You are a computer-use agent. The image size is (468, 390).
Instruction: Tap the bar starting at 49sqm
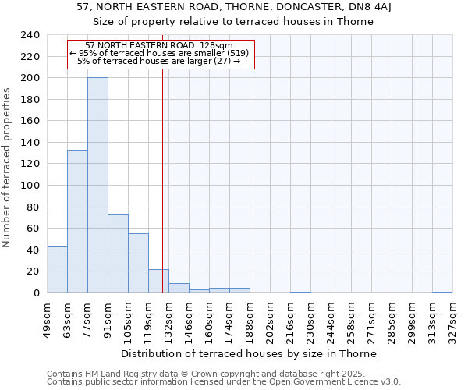[x=57, y=269]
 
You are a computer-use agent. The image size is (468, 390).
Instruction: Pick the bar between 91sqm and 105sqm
[x=118, y=253]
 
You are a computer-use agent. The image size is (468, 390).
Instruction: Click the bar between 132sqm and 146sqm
[x=179, y=288]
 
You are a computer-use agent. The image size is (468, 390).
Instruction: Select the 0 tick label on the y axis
[x=36, y=293]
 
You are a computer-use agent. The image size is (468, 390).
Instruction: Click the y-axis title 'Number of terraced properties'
[x=7, y=167]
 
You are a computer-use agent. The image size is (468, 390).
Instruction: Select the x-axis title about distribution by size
[x=249, y=354]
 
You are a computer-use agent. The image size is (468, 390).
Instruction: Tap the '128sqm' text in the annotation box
[x=214, y=46]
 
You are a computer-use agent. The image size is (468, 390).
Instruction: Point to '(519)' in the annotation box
[x=235, y=53]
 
